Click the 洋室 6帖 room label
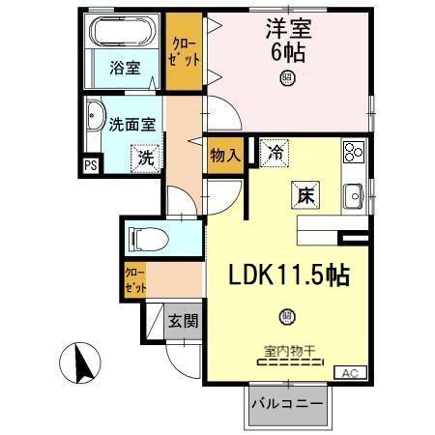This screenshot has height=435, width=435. click(286, 39)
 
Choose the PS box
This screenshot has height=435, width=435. click(92, 165)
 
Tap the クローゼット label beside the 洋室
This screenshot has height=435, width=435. click(183, 52)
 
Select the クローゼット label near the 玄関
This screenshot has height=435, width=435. click(134, 280)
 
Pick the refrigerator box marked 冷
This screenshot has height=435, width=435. click(276, 152)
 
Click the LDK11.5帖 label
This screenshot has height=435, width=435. click(289, 275)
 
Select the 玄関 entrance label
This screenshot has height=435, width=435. click(182, 321)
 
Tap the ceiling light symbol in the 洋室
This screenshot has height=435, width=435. click(286, 78)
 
